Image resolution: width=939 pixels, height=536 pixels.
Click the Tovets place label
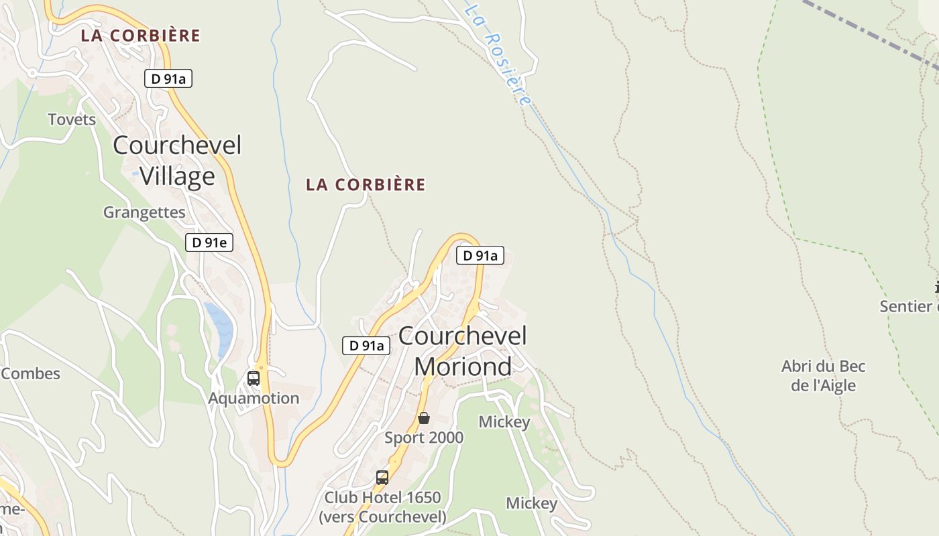point(72,120)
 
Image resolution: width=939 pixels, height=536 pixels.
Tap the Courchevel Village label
point(177,160)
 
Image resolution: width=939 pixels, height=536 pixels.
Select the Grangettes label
point(144,212)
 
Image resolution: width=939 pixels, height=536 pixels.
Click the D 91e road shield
point(209,243)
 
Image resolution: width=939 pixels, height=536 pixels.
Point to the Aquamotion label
point(254,398)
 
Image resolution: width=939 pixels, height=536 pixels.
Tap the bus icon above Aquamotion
point(253,378)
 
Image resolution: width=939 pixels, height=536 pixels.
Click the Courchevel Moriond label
point(463,351)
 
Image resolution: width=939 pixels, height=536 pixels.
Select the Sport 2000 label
point(424,438)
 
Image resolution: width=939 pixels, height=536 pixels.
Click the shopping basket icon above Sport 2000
point(424,419)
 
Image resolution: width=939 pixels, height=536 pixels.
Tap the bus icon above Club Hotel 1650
point(382,478)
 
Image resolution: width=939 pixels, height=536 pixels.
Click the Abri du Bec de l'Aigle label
point(824,376)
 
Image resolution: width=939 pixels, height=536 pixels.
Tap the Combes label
point(31,374)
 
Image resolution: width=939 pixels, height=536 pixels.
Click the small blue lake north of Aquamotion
point(220,328)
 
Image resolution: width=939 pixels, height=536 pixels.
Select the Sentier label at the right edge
point(909,307)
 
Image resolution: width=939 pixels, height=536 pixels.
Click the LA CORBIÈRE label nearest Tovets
point(141,36)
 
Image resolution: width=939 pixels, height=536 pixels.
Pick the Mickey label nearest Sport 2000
point(504,422)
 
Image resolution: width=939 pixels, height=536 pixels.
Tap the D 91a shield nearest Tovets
point(168,78)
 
